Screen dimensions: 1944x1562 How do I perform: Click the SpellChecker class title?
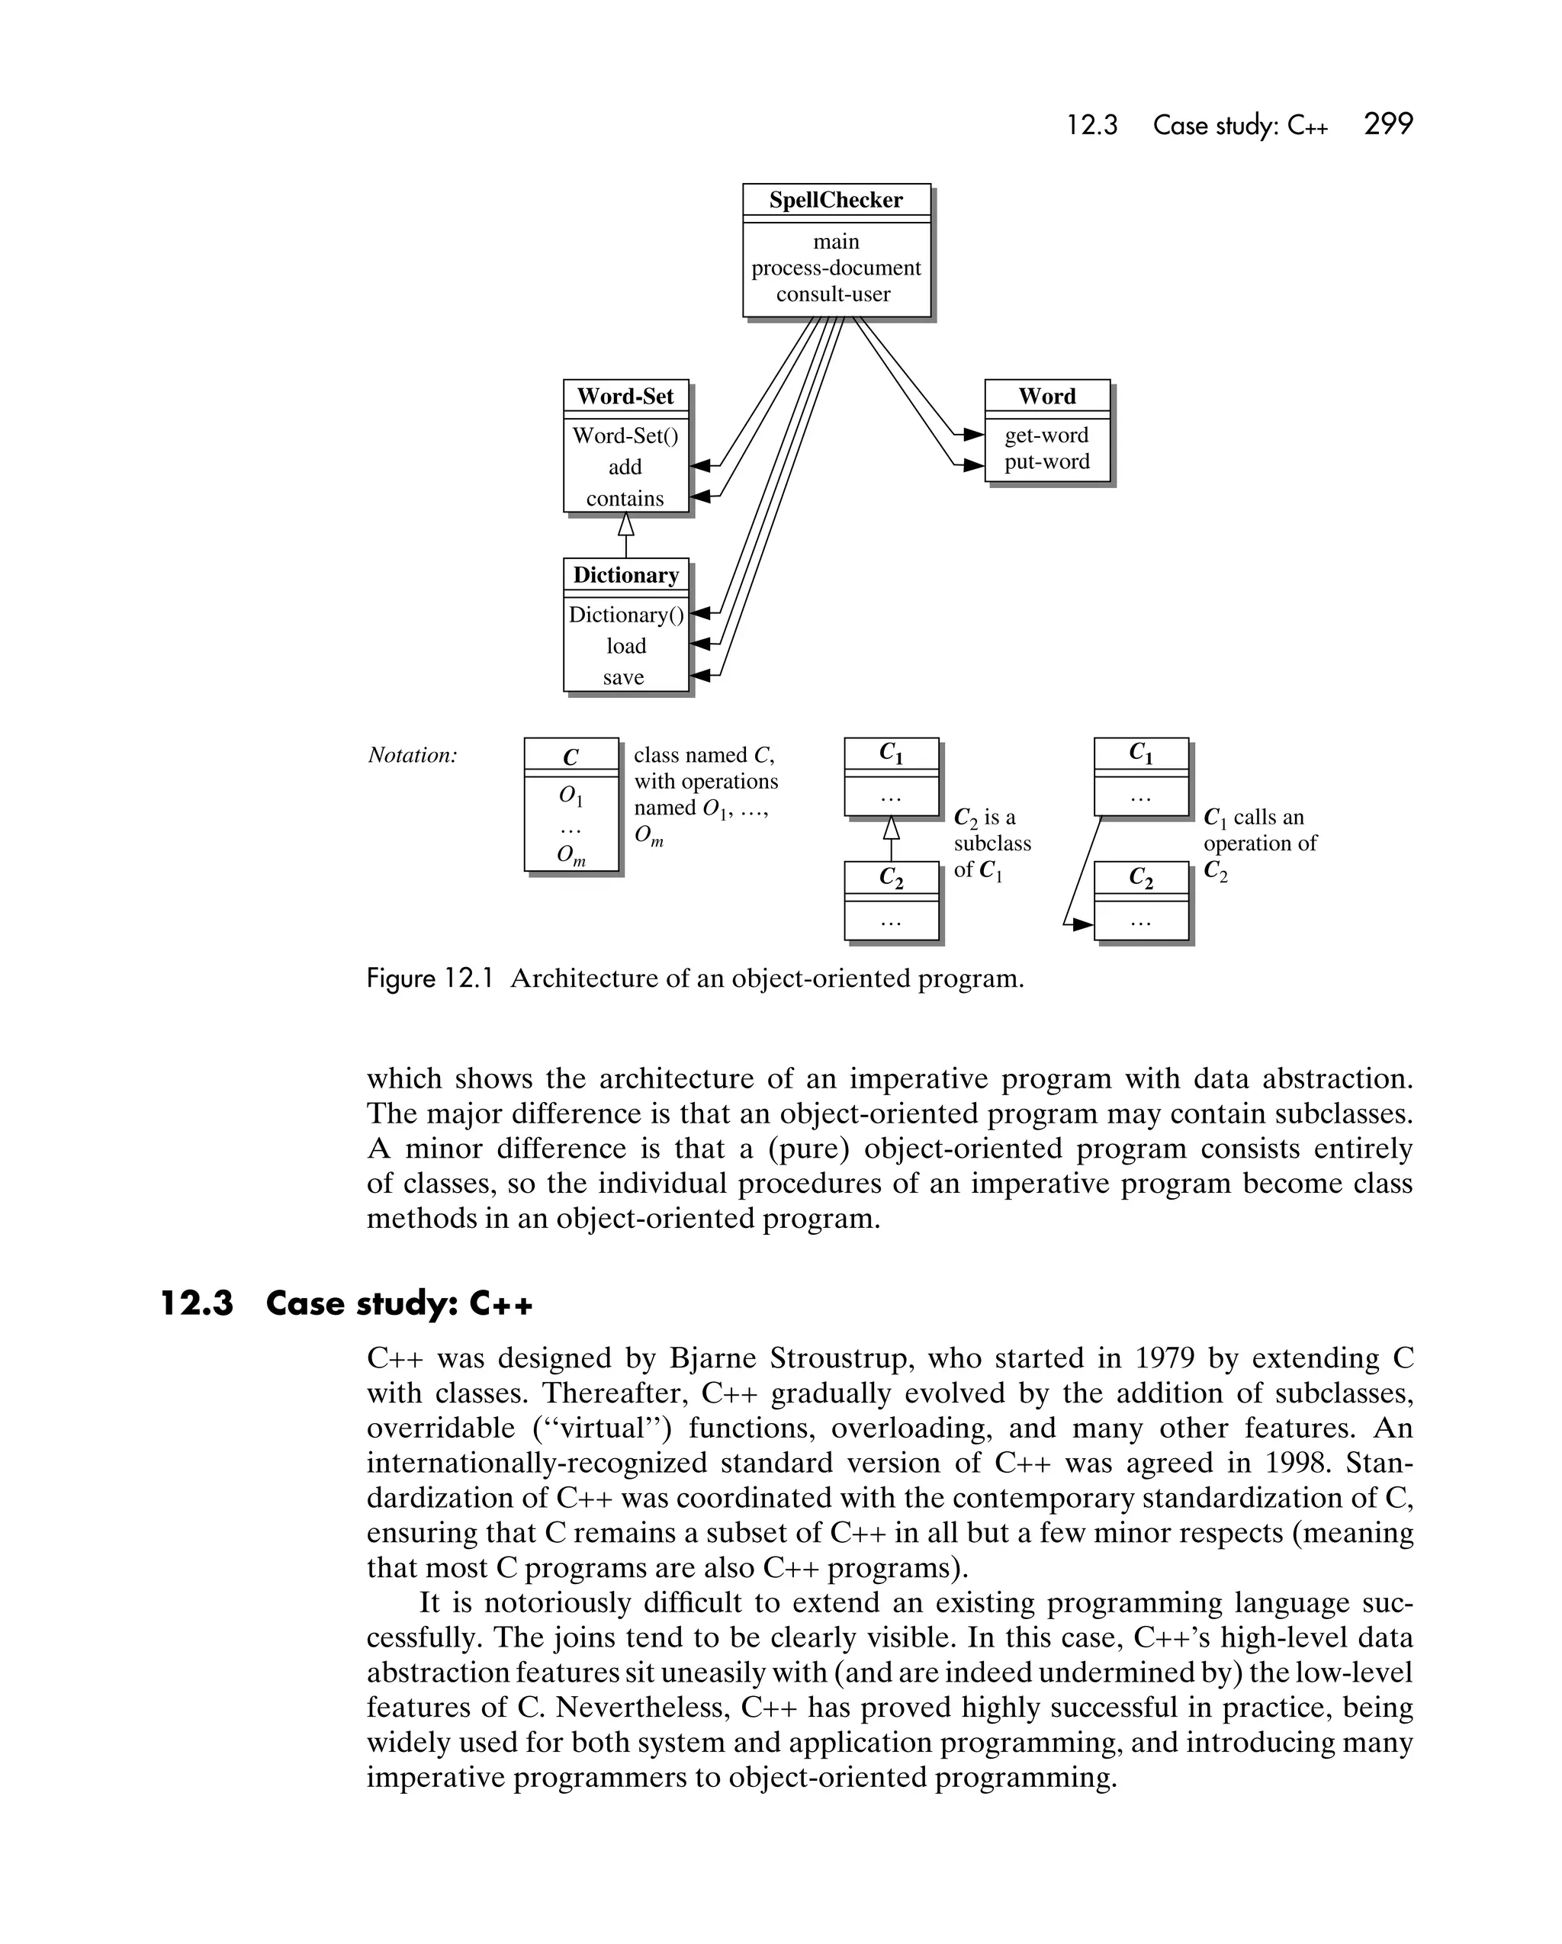click(835, 200)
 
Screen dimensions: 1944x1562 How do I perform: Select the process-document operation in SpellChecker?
click(836, 268)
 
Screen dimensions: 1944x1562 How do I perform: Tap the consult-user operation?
click(834, 294)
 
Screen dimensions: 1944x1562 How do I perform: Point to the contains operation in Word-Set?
click(625, 499)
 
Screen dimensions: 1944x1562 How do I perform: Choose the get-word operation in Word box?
click(1046, 435)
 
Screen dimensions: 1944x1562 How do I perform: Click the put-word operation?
click(1046, 461)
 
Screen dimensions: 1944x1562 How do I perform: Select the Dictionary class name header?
click(626, 574)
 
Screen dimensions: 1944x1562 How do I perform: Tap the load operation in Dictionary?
click(626, 646)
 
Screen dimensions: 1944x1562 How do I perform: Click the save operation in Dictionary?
click(623, 677)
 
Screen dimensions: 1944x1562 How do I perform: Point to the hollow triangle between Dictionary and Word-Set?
click(626, 524)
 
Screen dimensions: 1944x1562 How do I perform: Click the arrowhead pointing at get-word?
click(973, 435)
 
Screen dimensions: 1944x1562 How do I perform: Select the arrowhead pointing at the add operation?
click(700, 466)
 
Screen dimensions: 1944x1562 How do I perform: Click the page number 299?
click(1388, 124)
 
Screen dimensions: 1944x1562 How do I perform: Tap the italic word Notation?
click(412, 756)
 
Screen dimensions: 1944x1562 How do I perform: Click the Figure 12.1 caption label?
click(429, 978)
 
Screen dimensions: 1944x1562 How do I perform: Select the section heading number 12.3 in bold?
click(197, 1304)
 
